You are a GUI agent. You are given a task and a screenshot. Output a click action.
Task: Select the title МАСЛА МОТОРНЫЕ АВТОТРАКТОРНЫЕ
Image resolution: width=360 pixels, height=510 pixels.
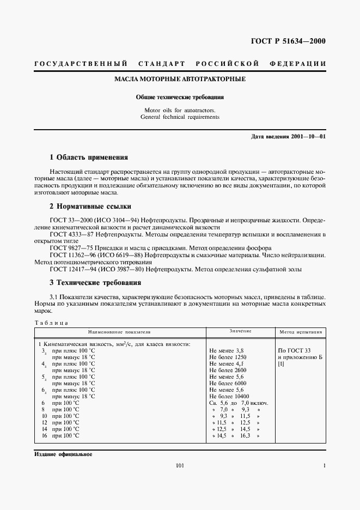(x=180, y=80)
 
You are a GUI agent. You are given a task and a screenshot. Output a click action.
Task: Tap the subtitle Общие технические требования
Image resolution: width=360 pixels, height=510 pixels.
(x=180, y=98)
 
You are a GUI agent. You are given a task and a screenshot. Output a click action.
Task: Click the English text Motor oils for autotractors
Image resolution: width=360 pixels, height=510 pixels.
(x=180, y=110)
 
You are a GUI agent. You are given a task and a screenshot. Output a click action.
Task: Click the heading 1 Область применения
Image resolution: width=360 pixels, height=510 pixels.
(x=89, y=157)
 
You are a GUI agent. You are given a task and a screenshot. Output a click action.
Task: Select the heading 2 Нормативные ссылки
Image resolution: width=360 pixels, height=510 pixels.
(x=90, y=207)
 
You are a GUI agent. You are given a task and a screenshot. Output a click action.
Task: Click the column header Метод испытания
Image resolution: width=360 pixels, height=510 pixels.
(x=301, y=331)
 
